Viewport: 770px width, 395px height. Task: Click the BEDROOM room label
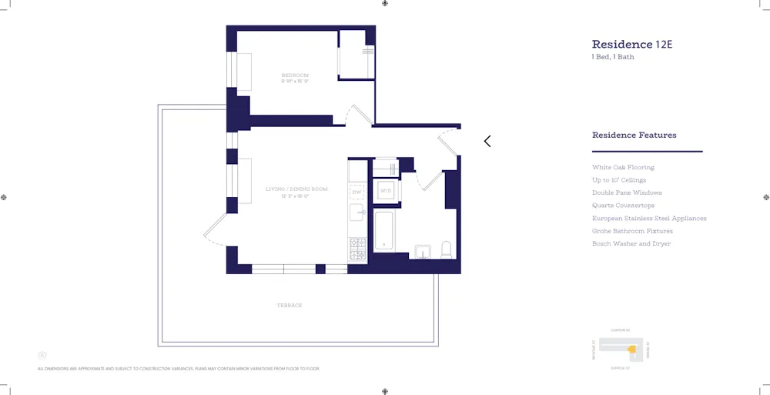(x=295, y=75)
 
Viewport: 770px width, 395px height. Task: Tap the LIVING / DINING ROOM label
(x=296, y=189)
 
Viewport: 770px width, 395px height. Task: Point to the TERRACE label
(x=290, y=306)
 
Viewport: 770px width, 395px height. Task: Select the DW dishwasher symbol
(x=357, y=192)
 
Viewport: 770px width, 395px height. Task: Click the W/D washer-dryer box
(x=386, y=190)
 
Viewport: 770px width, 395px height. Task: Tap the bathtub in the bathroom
(x=384, y=230)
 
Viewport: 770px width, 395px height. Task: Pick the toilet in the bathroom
(x=446, y=249)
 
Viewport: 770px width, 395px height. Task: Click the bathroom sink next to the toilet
(x=422, y=251)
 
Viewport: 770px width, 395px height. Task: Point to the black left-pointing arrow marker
(x=487, y=141)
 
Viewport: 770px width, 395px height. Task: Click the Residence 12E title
(x=631, y=45)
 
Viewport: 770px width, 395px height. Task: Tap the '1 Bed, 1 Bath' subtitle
(x=613, y=57)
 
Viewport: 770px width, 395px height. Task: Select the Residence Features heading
(x=634, y=136)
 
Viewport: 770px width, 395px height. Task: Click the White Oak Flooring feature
(x=623, y=167)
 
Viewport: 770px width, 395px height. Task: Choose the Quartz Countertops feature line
(x=623, y=206)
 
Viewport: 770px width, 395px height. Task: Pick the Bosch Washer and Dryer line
(x=631, y=243)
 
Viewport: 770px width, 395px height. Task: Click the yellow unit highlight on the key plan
(x=632, y=350)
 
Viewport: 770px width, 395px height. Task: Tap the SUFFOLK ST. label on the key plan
(x=621, y=368)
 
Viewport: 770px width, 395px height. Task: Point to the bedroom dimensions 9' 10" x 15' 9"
(x=295, y=82)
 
